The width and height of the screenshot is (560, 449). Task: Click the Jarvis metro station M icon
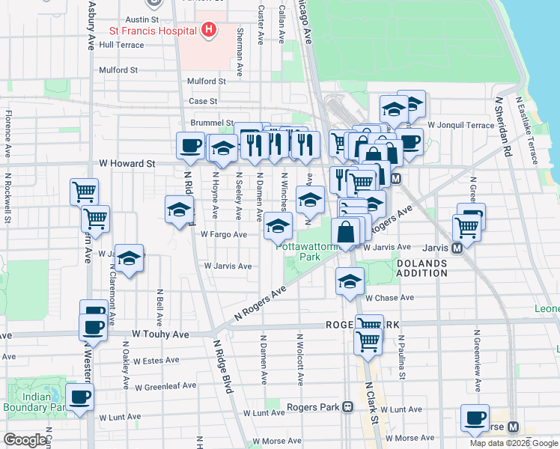[x=455, y=247]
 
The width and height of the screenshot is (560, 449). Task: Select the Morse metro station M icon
[x=514, y=427]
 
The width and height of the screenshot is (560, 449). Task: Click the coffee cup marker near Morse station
[x=474, y=418]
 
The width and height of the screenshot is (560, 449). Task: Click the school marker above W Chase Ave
[x=349, y=281]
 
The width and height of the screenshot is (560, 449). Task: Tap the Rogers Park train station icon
[x=347, y=407]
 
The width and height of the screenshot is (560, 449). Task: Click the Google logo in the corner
[x=25, y=440]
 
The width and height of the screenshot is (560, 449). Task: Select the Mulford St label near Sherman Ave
[x=207, y=81]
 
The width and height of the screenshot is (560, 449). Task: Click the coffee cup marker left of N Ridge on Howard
[x=190, y=144]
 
